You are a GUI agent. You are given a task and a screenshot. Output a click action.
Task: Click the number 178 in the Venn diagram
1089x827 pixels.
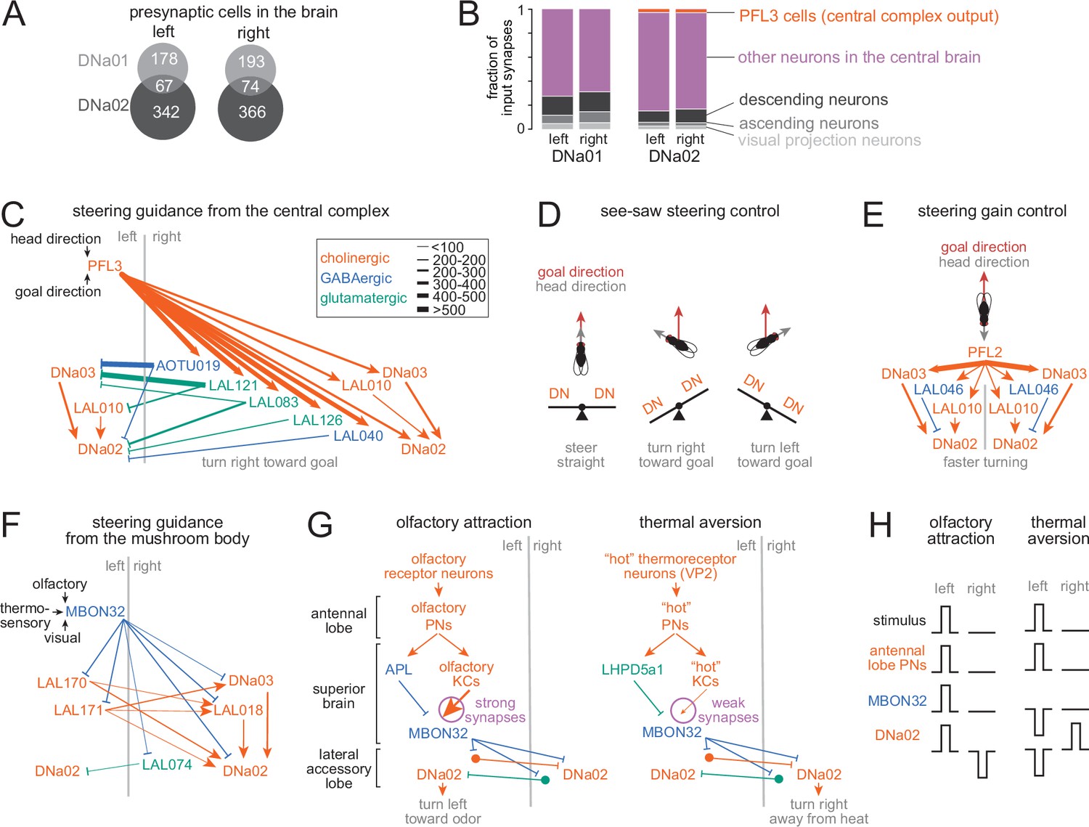click(164, 59)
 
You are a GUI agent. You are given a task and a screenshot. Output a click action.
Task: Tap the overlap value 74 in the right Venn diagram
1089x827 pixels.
click(250, 86)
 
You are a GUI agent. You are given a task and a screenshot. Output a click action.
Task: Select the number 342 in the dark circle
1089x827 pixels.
click(166, 112)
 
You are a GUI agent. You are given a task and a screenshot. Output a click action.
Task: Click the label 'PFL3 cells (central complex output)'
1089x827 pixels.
click(869, 17)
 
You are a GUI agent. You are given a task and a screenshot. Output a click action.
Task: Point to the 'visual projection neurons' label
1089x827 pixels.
click(829, 140)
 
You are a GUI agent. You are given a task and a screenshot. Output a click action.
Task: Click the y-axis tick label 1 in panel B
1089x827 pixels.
click(521, 10)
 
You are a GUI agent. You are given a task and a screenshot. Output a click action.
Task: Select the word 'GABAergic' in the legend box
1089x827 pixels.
click(356, 278)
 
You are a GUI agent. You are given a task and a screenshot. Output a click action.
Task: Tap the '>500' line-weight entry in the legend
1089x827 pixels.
click(441, 310)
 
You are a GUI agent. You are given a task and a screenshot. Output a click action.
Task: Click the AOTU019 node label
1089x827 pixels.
click(188, 366)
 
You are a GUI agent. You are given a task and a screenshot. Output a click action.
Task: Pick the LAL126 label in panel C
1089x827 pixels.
click(317, 420)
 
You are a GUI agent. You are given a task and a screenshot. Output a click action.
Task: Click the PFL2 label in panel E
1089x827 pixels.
click(984, 352)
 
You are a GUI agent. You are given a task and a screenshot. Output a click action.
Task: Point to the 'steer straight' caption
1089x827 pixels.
click(581, 455)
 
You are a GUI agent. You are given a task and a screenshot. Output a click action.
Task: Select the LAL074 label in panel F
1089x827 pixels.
click(167, 765)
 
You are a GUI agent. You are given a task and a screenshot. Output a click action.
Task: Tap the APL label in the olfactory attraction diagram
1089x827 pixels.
click(399, 669)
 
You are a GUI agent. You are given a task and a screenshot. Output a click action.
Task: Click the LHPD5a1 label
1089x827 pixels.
click(632, 669)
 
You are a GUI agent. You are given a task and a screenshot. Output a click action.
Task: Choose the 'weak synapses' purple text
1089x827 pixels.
click(728, 710)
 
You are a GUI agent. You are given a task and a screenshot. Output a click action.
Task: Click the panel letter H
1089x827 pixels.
click(881, 525)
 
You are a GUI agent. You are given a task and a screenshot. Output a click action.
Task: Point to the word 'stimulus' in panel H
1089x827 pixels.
click(899, 621)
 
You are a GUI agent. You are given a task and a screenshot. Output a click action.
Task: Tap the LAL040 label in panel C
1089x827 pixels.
click(358, 436)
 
